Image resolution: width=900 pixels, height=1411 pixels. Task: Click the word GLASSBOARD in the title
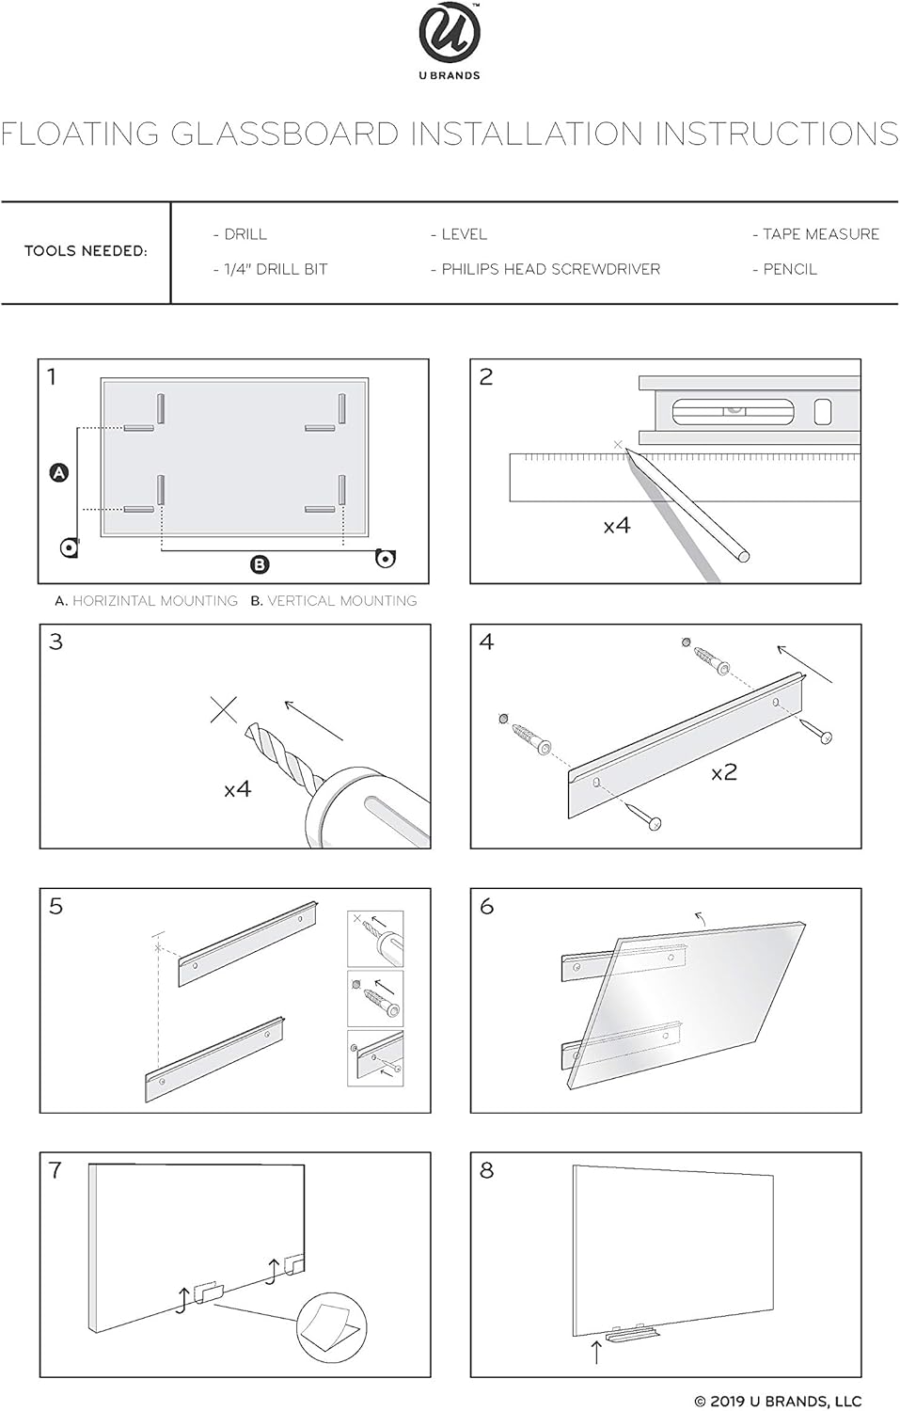coord(285,134)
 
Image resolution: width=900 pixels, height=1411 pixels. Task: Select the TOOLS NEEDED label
coord(86,251)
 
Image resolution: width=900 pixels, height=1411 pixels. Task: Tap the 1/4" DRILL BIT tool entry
coord(270,269)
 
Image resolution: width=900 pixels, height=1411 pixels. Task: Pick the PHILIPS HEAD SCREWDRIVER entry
coord(545,269)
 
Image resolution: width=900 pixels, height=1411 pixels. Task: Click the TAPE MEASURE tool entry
coord(815,234)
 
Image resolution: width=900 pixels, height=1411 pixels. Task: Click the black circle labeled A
coord(59,472)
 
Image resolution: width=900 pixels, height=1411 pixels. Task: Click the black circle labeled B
coord(260,564)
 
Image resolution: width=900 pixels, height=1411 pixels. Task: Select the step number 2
coord(486,377)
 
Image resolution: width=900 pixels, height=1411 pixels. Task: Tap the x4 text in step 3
coord(237,789)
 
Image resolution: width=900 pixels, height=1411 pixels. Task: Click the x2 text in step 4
coord(724,773)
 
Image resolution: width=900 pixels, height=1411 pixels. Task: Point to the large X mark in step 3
coord(224,709)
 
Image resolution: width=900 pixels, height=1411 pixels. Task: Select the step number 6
coord(486,906)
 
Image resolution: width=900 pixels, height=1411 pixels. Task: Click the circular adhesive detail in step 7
coord(331,1328)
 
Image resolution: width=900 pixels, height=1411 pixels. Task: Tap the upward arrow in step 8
coord(595,1352)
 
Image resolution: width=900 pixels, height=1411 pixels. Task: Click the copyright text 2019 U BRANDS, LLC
coord(778,1401)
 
